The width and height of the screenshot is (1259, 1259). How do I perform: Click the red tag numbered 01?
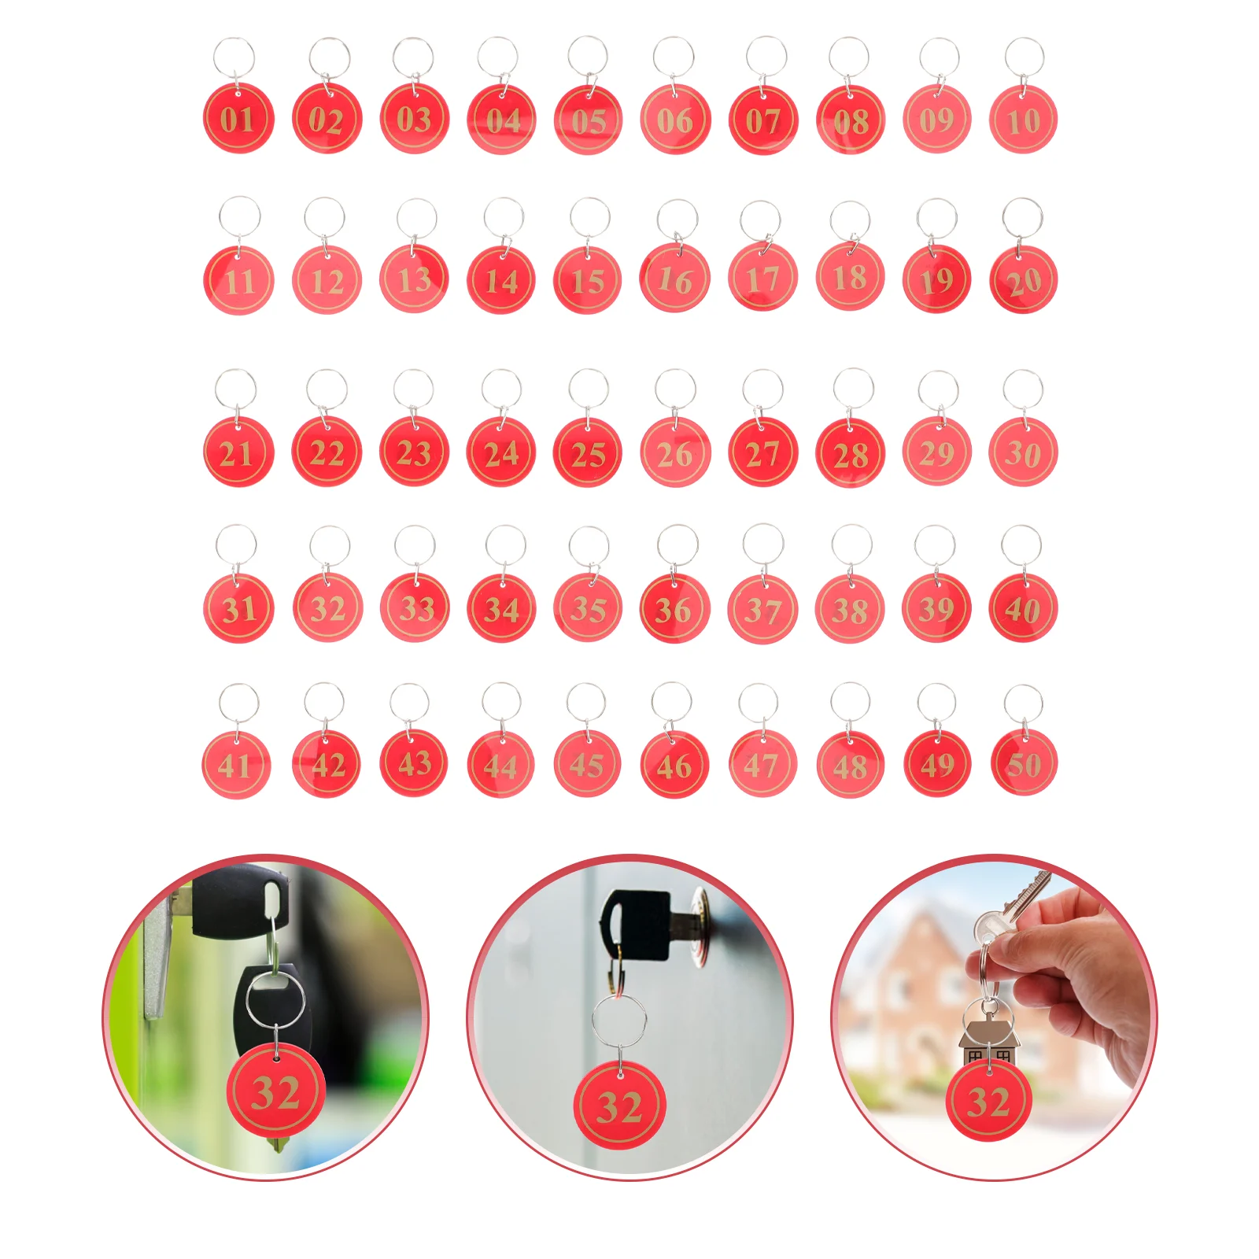tap(238, 119)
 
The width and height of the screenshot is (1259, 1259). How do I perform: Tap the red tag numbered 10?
tap(1023, 120)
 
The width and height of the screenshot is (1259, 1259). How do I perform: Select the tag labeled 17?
tap(762, 279)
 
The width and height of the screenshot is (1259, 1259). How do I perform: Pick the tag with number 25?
tap(588, 453)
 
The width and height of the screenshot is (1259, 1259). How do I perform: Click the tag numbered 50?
tap(1023, 763)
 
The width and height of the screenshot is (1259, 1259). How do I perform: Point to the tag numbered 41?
tap(236, 765)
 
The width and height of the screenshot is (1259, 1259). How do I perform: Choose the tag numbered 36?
tap(674, 609)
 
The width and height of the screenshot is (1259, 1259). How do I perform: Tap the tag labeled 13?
tap(414, 279)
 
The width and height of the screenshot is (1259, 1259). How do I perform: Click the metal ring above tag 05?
tap(588, 57)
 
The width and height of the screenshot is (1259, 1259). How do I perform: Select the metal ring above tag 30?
tap(1023, 390)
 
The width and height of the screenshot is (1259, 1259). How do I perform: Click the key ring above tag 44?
tap(501, 702)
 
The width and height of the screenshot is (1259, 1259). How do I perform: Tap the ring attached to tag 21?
tap(235, 390)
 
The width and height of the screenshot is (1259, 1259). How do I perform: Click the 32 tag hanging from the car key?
tap(275, 1091)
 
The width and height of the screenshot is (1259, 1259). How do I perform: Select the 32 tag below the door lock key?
tap(620, 1106)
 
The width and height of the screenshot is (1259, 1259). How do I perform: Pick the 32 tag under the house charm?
tap(988, 1100)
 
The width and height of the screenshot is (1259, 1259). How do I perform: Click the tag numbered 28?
tap(850, 453)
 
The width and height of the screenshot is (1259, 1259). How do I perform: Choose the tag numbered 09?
tap(936, 120)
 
